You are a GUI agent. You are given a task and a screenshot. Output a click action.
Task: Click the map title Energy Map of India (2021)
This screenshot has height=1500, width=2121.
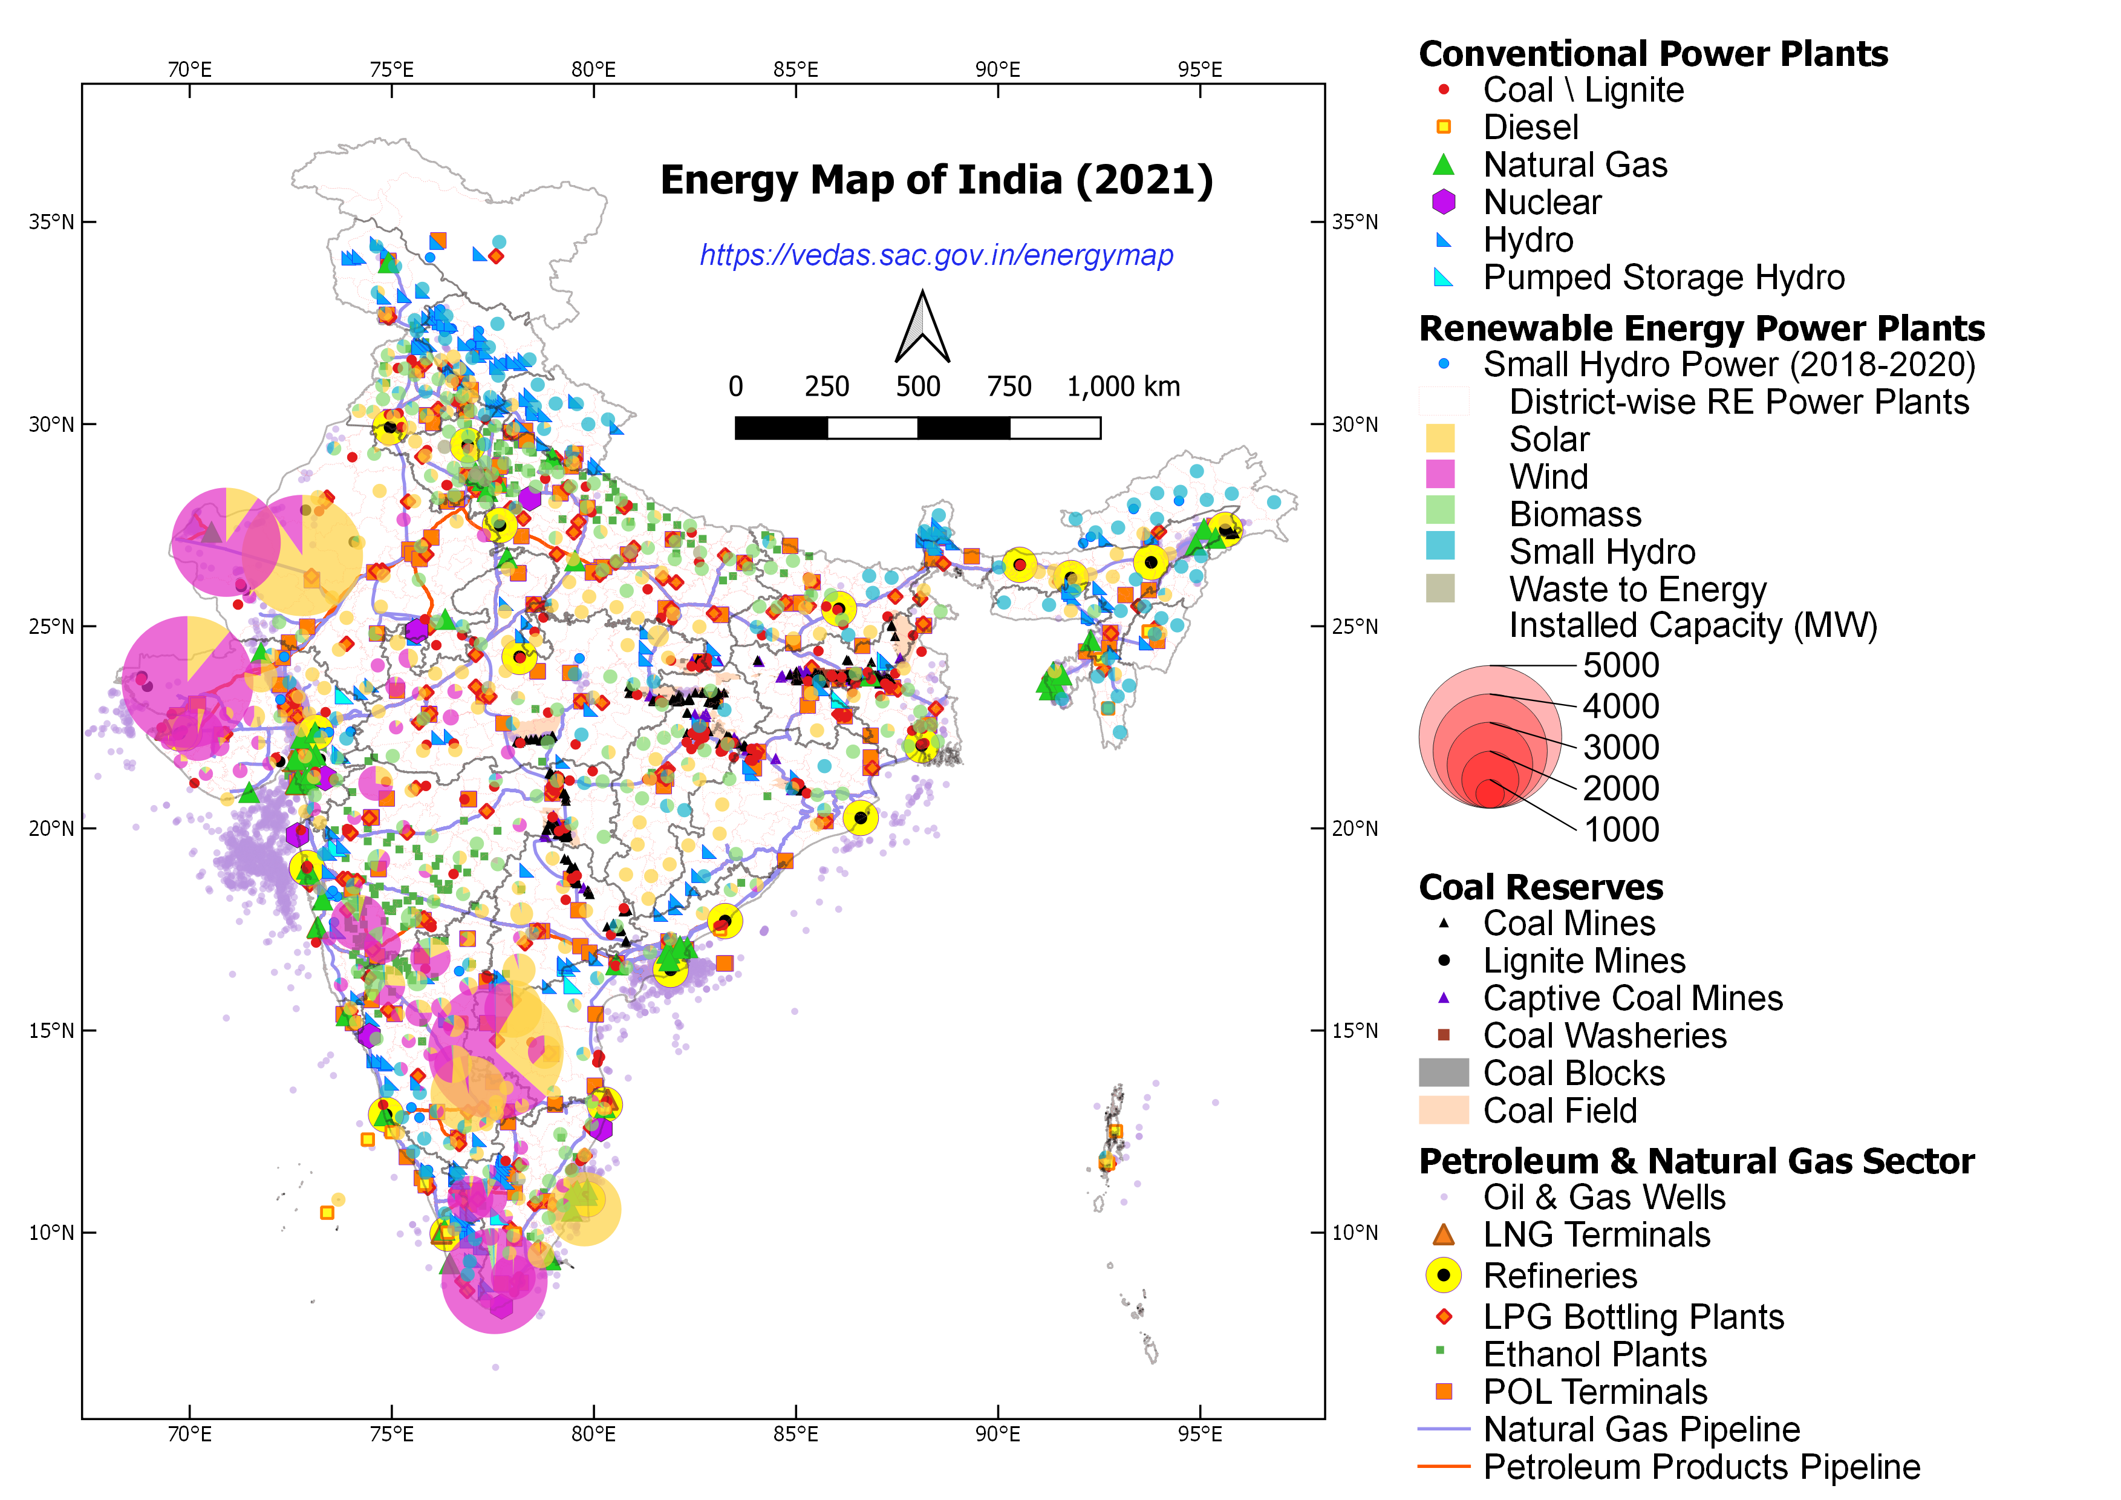(936, 180)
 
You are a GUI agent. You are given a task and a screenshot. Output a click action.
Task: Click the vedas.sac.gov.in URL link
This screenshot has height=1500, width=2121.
(936, 255)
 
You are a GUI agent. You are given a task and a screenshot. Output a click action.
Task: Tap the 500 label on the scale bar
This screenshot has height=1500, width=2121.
(917, 386)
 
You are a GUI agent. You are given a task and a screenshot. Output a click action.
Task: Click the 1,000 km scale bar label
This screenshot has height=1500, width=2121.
(1122, 386)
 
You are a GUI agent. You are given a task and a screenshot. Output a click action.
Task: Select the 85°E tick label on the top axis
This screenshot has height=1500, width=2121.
(795, 70)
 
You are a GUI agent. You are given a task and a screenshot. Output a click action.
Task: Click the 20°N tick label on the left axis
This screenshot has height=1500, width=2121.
(51, 829)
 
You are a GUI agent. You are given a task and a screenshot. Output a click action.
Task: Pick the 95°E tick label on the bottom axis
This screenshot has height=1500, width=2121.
(1199, 1435)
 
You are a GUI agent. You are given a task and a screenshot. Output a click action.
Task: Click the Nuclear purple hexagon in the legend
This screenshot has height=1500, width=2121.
(1443, 202)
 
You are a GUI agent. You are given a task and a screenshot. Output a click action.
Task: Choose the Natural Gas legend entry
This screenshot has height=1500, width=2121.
(1574, 165)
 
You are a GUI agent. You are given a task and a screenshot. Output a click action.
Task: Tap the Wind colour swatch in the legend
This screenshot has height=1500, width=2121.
(1439, 475)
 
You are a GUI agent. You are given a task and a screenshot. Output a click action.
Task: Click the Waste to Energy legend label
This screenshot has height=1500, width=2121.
(1637, 589)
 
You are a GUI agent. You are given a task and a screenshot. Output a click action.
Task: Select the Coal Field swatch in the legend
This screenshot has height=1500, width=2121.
(1443, 1110)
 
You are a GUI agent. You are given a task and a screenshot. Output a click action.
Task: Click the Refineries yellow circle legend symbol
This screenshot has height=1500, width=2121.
(1443, 1276)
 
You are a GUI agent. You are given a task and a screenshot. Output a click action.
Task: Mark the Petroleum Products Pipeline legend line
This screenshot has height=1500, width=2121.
(1443, 1466)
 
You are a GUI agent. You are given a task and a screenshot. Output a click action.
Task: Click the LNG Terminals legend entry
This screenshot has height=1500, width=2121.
(1595, 1235)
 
